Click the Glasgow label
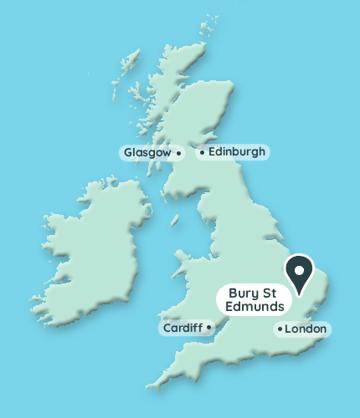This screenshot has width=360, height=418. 147,153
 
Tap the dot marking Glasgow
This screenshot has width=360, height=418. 179,154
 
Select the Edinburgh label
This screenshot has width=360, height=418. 236,152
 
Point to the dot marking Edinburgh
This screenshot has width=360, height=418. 201,153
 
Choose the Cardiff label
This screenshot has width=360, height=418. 183,328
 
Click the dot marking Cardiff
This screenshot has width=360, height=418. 210,328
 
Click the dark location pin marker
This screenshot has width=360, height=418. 298,273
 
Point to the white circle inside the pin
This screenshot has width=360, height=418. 298,268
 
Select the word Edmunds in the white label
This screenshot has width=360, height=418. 255,308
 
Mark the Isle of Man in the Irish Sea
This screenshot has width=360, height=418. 176,220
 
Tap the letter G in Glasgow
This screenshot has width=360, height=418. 128,153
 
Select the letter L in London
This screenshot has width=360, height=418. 289,329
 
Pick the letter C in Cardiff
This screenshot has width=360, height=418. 166,328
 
